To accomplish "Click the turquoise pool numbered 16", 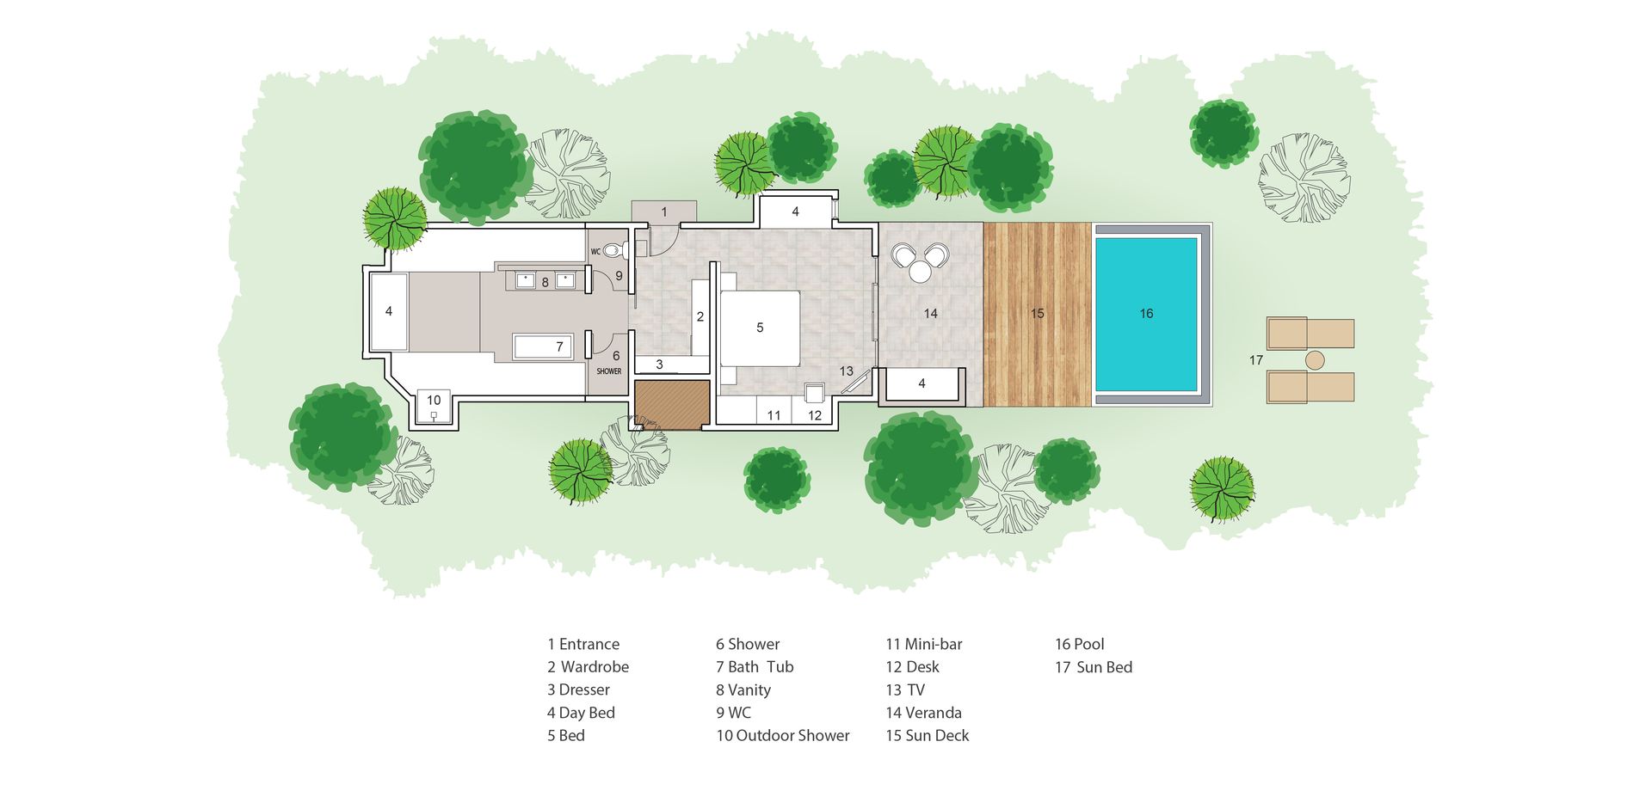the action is (1146, 314).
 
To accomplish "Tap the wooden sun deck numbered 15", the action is (1038, 314).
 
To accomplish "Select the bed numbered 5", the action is (760, 328).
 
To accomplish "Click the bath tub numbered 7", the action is (543, 346).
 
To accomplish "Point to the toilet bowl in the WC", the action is (612, 251).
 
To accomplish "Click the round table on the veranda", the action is (920, 272).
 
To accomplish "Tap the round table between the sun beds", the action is (1316, 360).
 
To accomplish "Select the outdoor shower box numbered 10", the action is (434, 407).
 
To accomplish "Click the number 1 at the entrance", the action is (663, 211).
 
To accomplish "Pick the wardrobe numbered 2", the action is (700, 317).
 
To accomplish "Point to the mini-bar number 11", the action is (774, 415).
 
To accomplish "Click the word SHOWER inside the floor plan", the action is (609, 371).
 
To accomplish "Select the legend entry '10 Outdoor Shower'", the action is (783, 735).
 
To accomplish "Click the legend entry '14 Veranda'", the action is (924, 713).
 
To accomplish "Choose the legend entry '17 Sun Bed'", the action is (1094, 667).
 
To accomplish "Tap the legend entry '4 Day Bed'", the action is (581, 713).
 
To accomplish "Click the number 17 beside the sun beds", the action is (1256, 360).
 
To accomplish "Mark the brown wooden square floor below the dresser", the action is (672, 404).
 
